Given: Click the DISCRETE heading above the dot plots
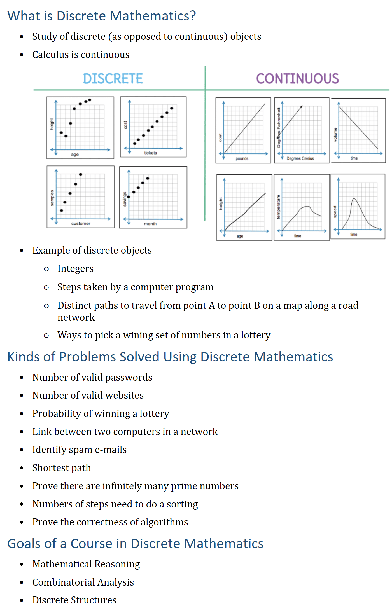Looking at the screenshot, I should (x=113, y=79).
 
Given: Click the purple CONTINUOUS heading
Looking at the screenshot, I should (x=297, y=79).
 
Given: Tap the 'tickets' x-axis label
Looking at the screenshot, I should (x=150, y=153).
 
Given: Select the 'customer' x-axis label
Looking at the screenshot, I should (x=81, y=223).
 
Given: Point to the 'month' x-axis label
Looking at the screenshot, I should (x=150, y=224).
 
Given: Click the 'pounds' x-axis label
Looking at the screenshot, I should (x=242, y=158).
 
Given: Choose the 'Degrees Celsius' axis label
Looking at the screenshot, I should (x=300, y=158).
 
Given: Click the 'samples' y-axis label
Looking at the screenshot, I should (x=52, y=198).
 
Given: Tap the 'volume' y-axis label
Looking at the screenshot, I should (x=335, y=135).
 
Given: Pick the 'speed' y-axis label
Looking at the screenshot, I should (x=335, y=212).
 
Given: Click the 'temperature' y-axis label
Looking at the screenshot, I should (x=278, y=207).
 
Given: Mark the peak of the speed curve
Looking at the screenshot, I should (x=354, y=199).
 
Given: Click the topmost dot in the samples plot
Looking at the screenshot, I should (x=81, y=174).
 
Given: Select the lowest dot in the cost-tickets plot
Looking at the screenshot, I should (x=135, y=144).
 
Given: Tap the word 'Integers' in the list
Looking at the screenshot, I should (x=75, y=269).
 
